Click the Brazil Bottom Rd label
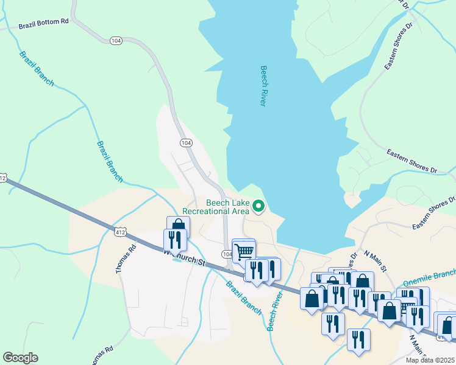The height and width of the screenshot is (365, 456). (x=44, y=24)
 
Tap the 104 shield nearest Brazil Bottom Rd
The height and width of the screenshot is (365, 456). (x=116, y=40)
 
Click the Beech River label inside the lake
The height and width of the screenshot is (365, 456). (x=263, y=86)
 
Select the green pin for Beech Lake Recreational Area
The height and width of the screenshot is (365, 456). (x=258, y=207)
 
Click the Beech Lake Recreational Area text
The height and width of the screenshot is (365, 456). (x=227, y=207)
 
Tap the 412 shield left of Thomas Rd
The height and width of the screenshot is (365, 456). (x=120, y=231)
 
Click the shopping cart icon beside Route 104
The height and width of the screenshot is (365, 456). (x=244, y=249)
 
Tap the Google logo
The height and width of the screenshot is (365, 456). (x=20, y=358)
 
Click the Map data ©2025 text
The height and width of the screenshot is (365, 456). (x=430, y=360)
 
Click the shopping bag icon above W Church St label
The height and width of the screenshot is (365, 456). (x=178, y=227)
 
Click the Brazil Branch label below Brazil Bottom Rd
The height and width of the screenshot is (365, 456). (x=37, y=68)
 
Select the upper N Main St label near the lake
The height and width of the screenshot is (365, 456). (x=376, y=260)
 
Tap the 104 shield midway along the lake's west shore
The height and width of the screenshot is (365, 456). (x=186, y=142)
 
